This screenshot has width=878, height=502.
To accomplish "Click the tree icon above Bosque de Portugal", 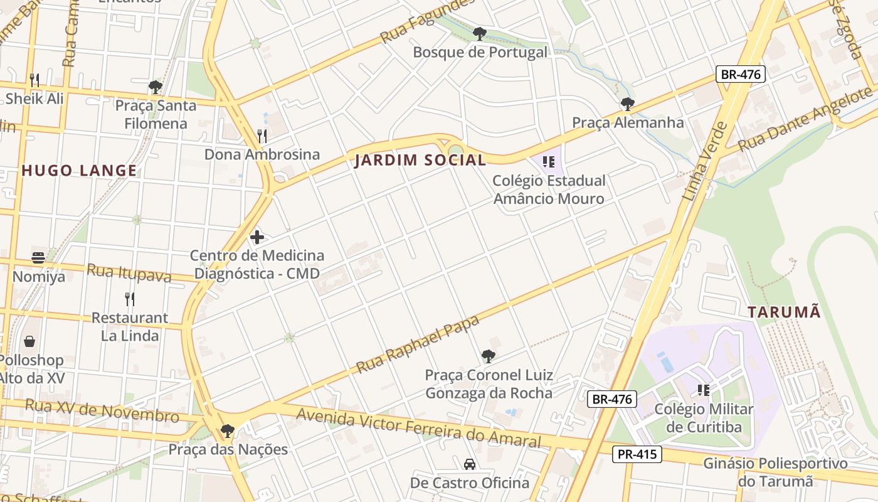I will tap(480, 33).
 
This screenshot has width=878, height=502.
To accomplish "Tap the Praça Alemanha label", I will tap(628, 122).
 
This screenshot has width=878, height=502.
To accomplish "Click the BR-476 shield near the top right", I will tap(741, 74).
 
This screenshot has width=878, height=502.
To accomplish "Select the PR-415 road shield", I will tap(637, 454).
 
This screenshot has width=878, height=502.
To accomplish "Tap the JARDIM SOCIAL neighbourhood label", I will tap(420, 160).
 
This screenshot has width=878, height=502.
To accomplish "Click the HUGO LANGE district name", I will tap(79, 170).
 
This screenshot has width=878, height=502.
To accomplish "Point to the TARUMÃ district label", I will tap(784, 311).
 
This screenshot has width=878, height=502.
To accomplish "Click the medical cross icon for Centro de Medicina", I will tap(257, 237).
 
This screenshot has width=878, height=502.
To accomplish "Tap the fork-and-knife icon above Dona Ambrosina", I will tap(262, 136).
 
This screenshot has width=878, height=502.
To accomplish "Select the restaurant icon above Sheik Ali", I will tap(34, 80).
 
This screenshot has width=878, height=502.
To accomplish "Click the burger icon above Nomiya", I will tap(38, 257).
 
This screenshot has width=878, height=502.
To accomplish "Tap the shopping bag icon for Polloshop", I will tap(29, 342).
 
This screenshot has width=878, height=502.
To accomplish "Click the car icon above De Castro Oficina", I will tap(470, 464).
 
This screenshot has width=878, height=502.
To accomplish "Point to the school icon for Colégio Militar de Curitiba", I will tap(704, 390).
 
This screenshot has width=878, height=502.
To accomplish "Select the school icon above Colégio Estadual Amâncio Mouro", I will tap(549, 162).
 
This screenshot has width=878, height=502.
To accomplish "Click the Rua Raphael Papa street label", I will tap(418, 344).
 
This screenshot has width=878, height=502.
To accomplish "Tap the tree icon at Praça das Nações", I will tap(228, 431).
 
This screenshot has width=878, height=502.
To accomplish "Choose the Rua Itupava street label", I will tap(129, 273).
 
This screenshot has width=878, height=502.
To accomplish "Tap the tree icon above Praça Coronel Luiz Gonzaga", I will tap(489, 356).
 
